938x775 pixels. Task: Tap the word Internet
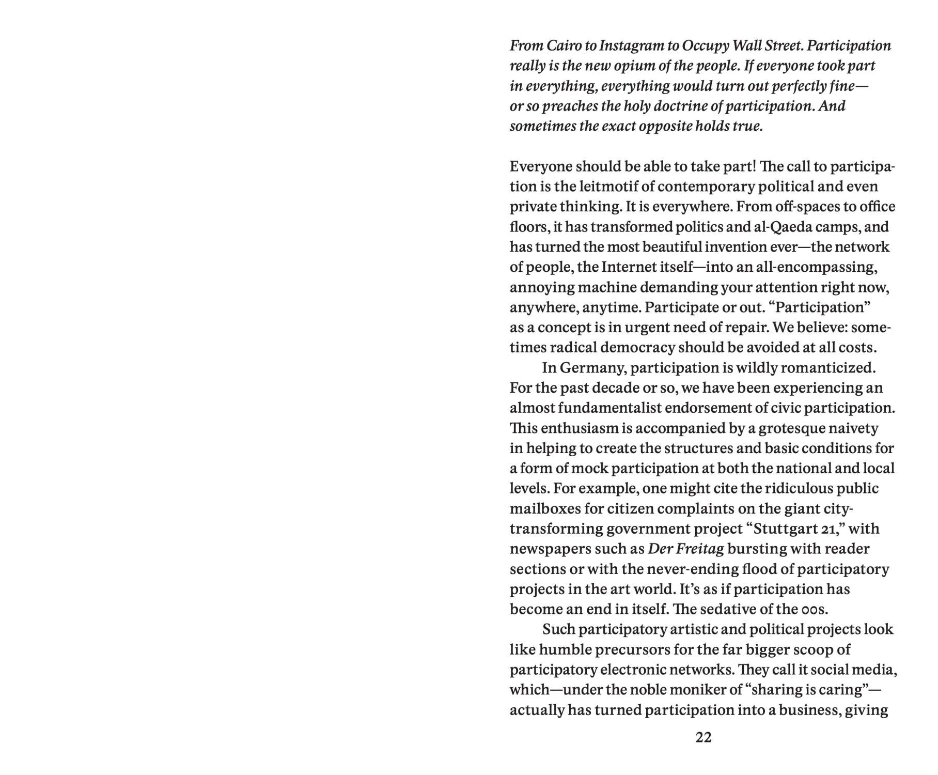(629, 267)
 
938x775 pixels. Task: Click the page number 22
(703, 738)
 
